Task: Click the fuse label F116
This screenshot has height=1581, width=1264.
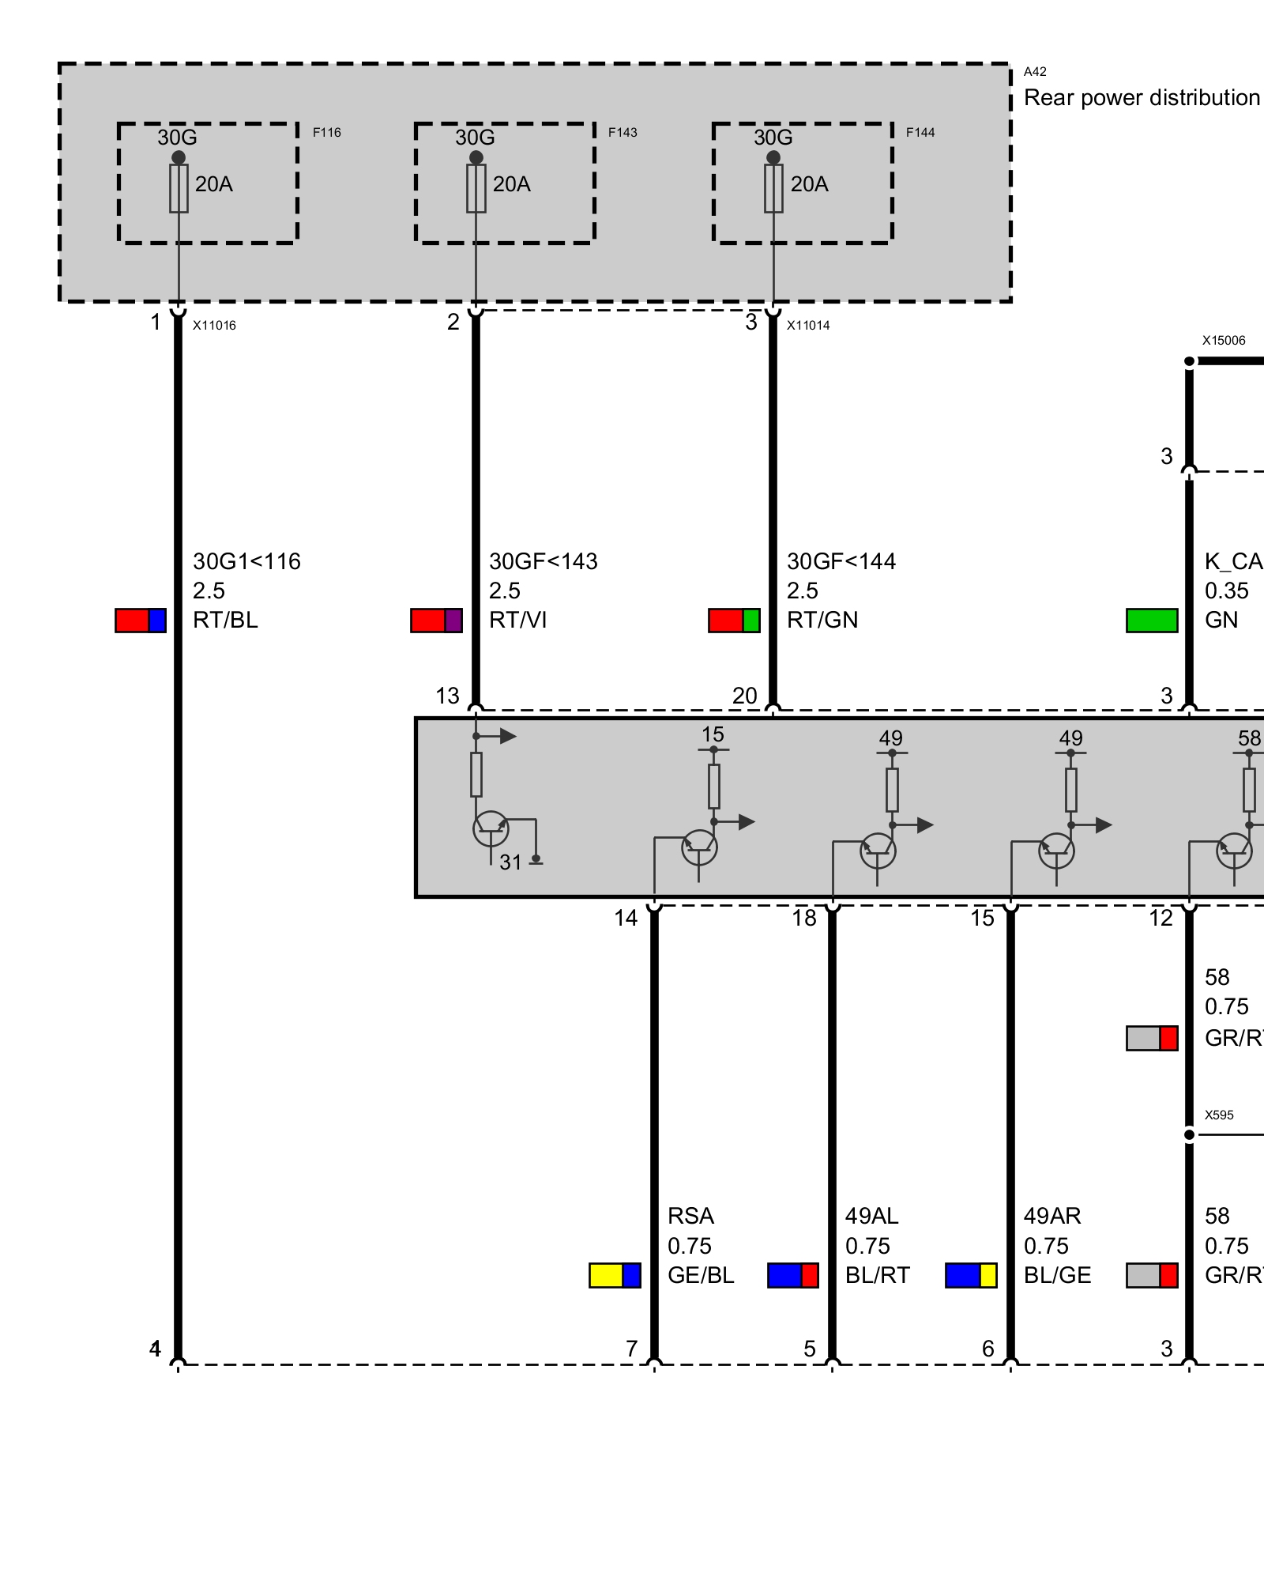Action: click(x=326, y=132)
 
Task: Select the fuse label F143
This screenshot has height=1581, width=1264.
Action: click(x=623, y=132)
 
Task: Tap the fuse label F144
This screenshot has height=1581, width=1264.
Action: click(x=920, y=132)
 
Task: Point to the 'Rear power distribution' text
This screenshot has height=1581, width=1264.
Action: click(x=1142, y=98)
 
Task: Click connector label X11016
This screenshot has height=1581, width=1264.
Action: click(x=214, y=325)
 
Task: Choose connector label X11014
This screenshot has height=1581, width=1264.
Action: click(x=808, y=325)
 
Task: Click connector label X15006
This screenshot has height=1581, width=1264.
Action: click(x=1224, y=341)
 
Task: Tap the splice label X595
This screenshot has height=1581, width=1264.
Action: click(x=1219, y=1115)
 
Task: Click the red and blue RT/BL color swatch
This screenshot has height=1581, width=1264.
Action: click(x=141, y=621)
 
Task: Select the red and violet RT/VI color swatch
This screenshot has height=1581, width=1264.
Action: click(x=436, y=621)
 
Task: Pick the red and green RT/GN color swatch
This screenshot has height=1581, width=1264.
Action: click(x=734, y=621)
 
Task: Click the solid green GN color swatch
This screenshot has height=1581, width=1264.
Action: click(x=1152, y=621)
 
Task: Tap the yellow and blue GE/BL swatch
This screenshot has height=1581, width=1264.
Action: click(x=615, y=1276)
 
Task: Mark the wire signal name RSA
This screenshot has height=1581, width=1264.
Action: click(x=690, y=1216)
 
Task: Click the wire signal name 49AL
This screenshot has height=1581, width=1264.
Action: click(x=872, y=1216)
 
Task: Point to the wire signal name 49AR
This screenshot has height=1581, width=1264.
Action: click(x=1052, y=1216)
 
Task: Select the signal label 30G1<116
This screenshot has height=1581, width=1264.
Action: click(x=246, y=562)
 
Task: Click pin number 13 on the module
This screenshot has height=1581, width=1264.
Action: click(x=447, y=696)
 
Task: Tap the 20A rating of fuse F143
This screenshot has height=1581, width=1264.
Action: click(x=511, y=184)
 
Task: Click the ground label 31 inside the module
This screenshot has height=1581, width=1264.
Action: click(x=510, y=862)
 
